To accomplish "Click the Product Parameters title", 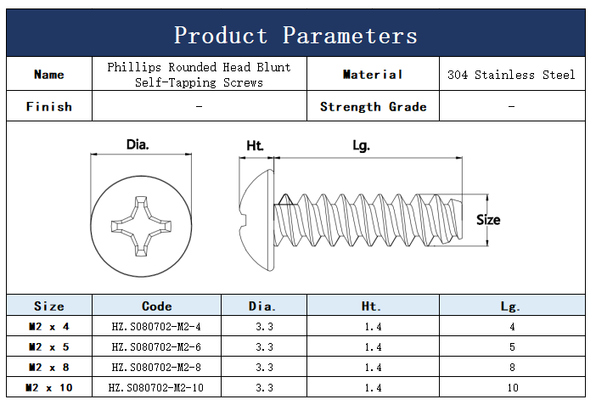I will click(x=295, y=35).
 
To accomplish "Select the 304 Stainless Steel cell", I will click(x=511, y=75).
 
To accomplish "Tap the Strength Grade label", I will click(x=373, y=107).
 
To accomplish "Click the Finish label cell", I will click(x=49, y=107).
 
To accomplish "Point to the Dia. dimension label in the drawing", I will click(x=138, y=144).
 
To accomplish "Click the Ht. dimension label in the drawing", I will click(x=255, y=145).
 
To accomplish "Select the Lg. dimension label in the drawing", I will click(x=361, y=145).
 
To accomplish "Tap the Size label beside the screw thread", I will click(x=488, y=220).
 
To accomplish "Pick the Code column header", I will click(x=156, y=307).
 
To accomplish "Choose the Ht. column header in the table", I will click(x=372, y=307).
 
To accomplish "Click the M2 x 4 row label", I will click(x=49, y=327).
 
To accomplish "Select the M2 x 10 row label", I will click(x=49, y=388).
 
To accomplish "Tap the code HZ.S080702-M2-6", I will click(x=156, y=347).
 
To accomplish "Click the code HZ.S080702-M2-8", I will click(x=156, y=368).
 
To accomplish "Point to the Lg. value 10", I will click(x=511, y=388).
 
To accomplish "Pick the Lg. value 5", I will click(x=511, y=347).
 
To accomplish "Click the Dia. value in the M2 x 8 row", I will click(x=264, y=368).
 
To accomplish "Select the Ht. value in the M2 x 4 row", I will click(x=372, y=327).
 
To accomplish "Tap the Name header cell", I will click(x=49, y=75).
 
